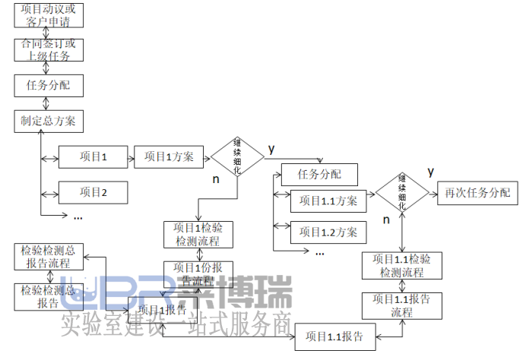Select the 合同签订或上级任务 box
[48, 49]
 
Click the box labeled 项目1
[92, 158]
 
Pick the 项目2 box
[92, 192]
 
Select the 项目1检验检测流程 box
[198, 234]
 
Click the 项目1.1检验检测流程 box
[402, 265]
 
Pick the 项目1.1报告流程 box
[402, 305]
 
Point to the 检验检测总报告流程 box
[49, 257]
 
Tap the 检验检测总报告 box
[49, 296]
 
